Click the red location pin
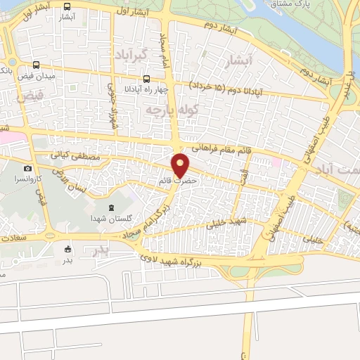181,165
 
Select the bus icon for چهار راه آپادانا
146,79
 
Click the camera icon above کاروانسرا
27,168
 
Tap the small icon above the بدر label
67,249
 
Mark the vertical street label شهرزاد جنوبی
112,105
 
